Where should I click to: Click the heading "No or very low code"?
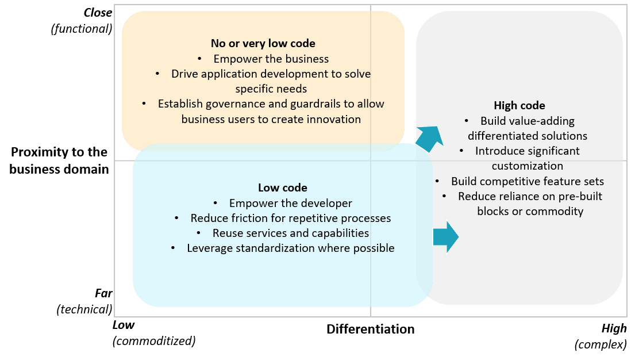[263, 43]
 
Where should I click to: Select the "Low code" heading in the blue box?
[282, 187]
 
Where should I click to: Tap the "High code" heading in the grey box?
[519, 105]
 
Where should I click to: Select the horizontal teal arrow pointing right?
[446, 236]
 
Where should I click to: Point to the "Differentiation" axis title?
[370, 329]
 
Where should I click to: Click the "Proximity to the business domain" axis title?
[59, 160]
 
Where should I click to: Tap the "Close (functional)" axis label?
[83, 20]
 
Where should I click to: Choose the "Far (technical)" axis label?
[85, 301]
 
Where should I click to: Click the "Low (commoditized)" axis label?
[153, 334]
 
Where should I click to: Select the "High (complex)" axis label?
[601, 336]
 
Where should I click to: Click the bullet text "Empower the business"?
[271, 59]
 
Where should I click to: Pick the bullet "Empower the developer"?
[290, 203]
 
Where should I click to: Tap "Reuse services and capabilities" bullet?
[290, 233]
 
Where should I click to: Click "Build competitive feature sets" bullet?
[527, 181]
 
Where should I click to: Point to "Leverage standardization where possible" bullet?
[290, 248]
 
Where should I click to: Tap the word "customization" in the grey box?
[528, 166]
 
